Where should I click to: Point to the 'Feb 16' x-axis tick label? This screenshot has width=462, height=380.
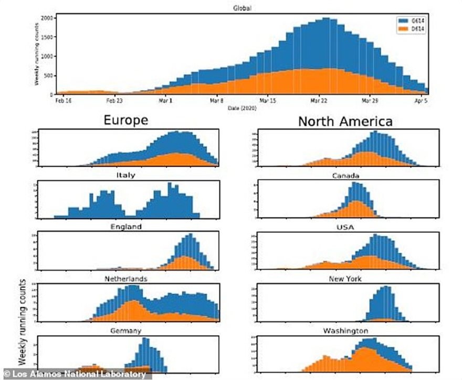coord(63,99)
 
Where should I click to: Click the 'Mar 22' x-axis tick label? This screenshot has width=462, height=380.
coord(320,99)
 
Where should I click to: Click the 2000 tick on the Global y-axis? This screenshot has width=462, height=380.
coord(47,18)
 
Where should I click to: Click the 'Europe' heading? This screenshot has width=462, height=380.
coord(125,120)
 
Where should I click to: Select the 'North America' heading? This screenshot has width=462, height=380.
coord(345,121)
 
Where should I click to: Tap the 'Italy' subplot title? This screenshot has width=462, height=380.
coord(128,176)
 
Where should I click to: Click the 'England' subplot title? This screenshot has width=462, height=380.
coord(127,227)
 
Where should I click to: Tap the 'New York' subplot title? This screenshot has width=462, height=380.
coord(344,279)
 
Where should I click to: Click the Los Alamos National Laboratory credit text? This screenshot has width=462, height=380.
coord(73,374)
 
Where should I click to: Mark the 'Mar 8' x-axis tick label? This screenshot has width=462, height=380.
coord(217,99)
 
